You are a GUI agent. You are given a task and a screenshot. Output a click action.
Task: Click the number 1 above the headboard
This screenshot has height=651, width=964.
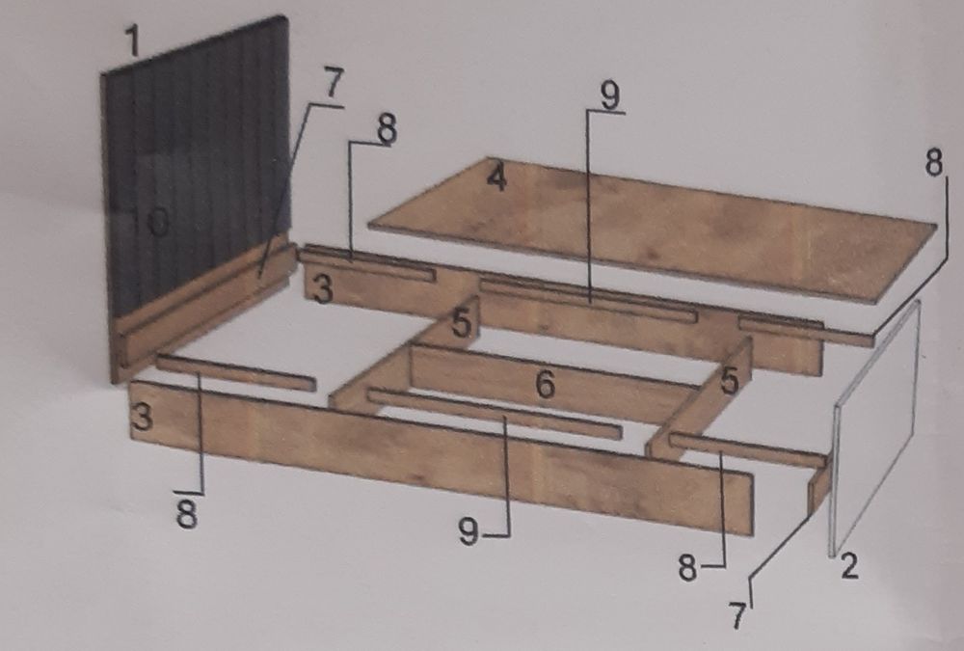click(133, 41)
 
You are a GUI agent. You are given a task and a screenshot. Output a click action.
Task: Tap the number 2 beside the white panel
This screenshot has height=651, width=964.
click(849, 566)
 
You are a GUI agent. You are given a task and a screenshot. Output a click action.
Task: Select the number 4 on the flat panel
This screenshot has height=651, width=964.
click(496, 177)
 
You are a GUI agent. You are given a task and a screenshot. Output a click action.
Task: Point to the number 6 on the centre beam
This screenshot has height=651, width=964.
click(546, 385)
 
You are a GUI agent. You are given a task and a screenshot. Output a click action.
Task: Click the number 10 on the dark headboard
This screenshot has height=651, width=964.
click(150, 222)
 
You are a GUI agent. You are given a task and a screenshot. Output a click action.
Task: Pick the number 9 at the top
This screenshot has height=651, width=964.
click(610, 96)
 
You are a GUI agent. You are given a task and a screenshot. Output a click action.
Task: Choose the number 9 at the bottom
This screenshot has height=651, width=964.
click(469, 531)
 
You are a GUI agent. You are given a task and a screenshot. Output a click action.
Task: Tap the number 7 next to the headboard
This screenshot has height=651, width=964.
click(333, 83)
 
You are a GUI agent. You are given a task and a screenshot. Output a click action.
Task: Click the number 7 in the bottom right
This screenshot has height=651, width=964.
click(737, 615)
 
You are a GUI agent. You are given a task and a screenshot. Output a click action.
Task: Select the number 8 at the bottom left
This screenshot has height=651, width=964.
click(188, 514)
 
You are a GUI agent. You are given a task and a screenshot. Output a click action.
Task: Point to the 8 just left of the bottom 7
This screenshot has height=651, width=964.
click(688, 569)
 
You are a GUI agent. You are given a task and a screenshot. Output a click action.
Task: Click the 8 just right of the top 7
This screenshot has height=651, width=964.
click(387, 130)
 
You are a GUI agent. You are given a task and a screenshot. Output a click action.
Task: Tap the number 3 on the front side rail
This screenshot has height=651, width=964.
click(142, 418)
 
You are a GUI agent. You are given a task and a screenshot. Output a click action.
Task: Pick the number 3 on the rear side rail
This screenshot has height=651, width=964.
click(323, 289)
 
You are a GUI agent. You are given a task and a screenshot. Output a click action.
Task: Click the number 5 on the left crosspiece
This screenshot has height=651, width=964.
click(462, 324)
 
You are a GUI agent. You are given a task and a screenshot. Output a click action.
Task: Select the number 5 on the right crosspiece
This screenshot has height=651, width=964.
click(730, 382)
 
